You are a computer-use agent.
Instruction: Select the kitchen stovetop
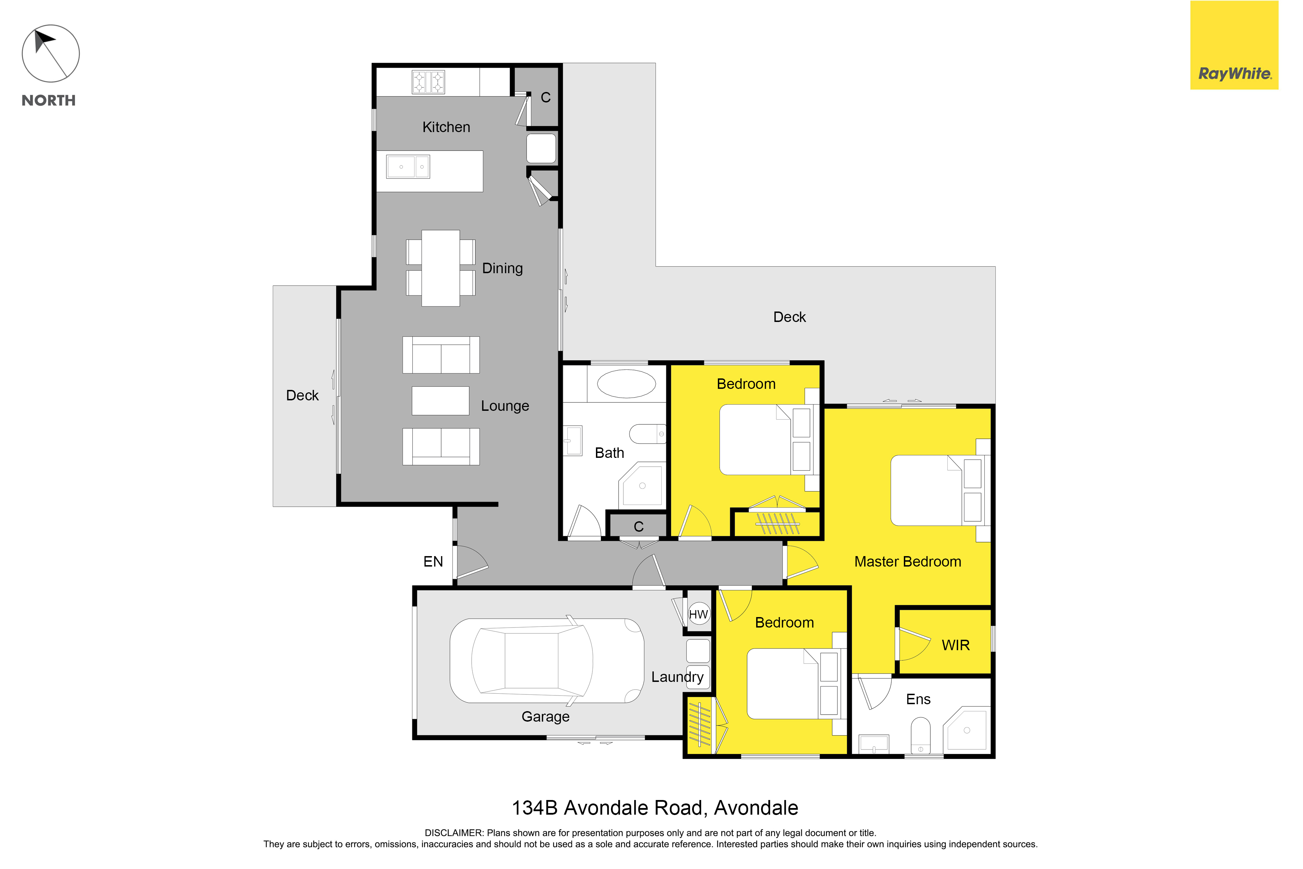[x=428, y=82]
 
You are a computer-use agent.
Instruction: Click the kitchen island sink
[x=408, y=166]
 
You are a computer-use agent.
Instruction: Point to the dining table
[x=440, y=268]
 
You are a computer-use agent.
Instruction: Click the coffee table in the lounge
[x=440, y=401]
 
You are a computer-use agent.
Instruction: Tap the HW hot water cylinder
[x=699, y=614]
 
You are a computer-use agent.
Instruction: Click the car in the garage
[x=547, y=661]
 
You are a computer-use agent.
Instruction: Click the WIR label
[x=956, y=645]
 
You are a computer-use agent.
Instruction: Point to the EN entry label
[x=433, y=561]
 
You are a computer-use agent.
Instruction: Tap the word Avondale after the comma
[x=756, y=808]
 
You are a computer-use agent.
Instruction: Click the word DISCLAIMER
[x=454, y=833]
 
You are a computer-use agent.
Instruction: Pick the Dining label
[x=503, y=268]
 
